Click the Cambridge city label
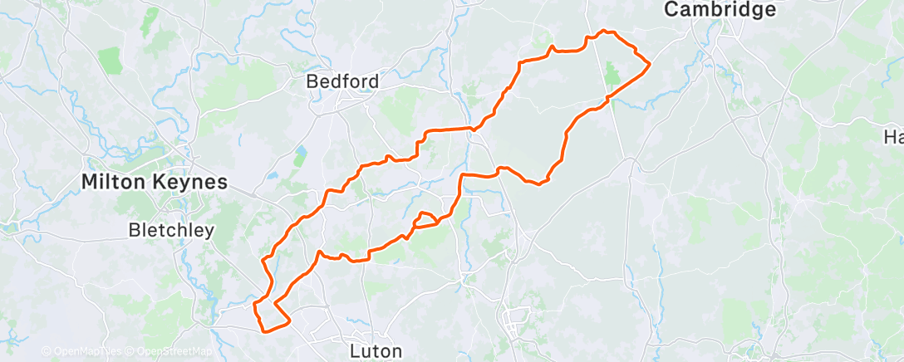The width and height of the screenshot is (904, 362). coord(720,10)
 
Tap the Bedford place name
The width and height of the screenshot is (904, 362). coord(342,81)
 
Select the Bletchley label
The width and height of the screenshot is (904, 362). coord(172,231)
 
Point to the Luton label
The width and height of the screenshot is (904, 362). coord(376,350)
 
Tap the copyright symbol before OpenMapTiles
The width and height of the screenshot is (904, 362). coord(46,351)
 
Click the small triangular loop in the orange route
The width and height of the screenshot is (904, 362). coord(425,219)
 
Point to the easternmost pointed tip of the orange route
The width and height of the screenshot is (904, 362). coord(648,63)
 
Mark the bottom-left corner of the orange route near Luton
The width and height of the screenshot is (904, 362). coord(264,330)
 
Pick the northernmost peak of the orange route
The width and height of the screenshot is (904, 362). coord(605,32)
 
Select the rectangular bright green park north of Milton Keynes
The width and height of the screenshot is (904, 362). coord(109,59)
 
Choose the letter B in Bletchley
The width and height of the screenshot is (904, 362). coord(135,231)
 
